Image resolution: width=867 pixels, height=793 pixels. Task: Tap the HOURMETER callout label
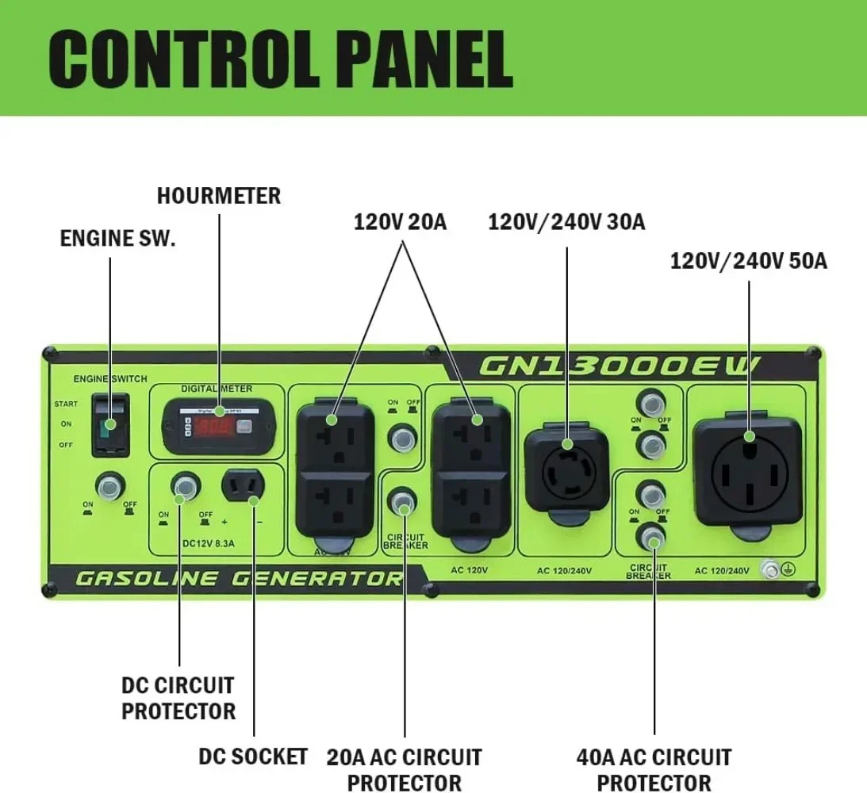pyautogui.click(x=219, y=196)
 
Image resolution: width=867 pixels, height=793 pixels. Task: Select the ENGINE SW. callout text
pyautogui.click(x=117, y=239)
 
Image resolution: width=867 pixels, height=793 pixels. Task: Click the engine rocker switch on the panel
pyautogui.click(x=109, y=425)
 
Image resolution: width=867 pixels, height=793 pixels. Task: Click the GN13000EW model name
pyautogui.click(x=620, y=366)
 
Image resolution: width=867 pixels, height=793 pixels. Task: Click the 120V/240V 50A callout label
pyautogui.click(x=748, y=260)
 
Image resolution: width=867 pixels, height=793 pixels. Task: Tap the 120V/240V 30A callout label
pyautogui.click(x=566, y=222)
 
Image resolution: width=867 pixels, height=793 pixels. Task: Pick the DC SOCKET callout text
pyautogui.click(x=253, y=757)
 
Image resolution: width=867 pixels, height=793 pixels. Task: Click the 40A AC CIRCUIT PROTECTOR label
pyautogui.click(x=654, y=768)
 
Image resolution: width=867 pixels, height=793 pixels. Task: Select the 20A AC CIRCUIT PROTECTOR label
pyautogui.click(x=404, y=768)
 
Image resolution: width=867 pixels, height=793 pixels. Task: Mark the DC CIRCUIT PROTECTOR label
pyautogui.click(x=178, y=698)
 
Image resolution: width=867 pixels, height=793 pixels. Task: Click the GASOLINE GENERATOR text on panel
pyautogui.click(x=238, y=578)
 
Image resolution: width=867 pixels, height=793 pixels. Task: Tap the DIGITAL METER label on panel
pyautogui.click(x=217, y=389)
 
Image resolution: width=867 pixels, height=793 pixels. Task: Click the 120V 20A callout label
pyautogui.click(x=400, y=222)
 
